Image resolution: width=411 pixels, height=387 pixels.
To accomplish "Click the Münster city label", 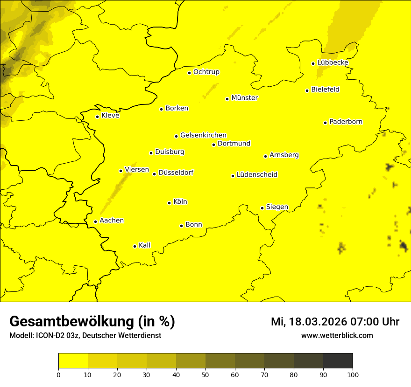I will pyautogui.click(x=244, y=98).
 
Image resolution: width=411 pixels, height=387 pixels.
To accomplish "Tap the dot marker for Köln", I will pyautogui.click(x=169, y=203).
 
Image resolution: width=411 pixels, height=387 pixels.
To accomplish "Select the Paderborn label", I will pyautogui.click(x=346, y=122).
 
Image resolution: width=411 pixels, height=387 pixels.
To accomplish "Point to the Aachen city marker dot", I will pyautogui.click(x=95, y=221).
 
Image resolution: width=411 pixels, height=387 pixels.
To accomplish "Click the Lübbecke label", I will pyautogui.click(x=333, y=62).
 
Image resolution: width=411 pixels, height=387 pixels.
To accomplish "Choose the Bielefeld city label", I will pyautogui.click(x=325, y=89).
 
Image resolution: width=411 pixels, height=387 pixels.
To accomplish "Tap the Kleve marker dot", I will pyautogui.click(x=97, y=117).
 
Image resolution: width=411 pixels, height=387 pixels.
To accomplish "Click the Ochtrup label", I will pyautogui.click(x=206, y=72).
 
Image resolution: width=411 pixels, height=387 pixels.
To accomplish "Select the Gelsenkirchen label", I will pyautogui.click(x=203, y=135).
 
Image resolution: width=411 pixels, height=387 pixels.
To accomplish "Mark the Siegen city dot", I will pyautogui.click(x=262, y=208).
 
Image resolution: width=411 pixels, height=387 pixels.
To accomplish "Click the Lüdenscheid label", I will pyautogui.click(x=257, y=175).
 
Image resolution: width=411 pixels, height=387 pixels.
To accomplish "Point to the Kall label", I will pyautogui.click(x=144, y=245).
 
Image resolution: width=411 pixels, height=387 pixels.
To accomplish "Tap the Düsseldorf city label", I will pyautogui.click(x=176, y=173).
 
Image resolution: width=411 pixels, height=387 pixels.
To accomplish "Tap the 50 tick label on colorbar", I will pyautogui.click(x=205, y=374).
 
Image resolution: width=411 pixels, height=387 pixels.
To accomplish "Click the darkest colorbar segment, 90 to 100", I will pyautogui.click(x=338, y=361).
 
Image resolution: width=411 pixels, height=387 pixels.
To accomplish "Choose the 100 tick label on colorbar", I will pyautogui.click(x=353, y=374).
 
